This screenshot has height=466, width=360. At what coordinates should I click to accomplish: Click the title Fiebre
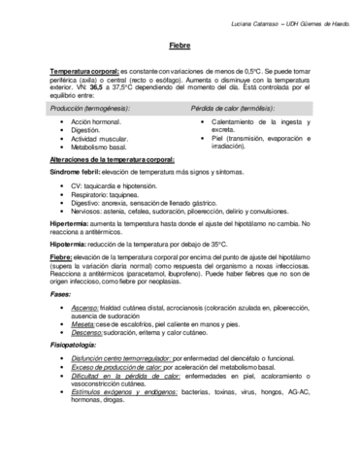pos(180,46)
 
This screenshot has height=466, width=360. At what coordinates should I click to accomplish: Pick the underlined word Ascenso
pos(84,307)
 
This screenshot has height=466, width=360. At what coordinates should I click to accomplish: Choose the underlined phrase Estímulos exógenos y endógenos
pos(125,390)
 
